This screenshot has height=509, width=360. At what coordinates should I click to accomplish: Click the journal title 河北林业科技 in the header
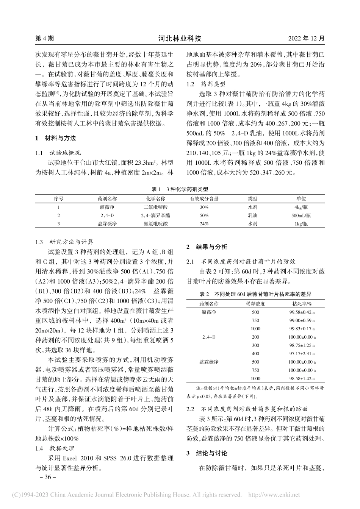coord(180,39)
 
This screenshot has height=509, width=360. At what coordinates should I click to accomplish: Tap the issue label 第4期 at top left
coord(44,39)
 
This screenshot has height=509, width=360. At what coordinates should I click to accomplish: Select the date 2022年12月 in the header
coord(306,39)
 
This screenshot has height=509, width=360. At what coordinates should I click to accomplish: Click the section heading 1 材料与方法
coord(55,138)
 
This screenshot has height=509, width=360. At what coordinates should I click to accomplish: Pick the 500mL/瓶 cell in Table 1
coord(301,215)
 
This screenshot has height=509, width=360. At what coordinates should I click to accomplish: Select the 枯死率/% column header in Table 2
coord(302,303)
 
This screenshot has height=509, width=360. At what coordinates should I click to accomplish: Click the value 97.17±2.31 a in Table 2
coord(302,353)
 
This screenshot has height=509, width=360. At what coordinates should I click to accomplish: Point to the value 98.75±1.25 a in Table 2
coord(302,345)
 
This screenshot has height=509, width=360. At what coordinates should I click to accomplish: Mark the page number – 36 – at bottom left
coord(45,477)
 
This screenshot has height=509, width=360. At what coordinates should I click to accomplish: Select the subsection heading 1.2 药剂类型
coord(207,83)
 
